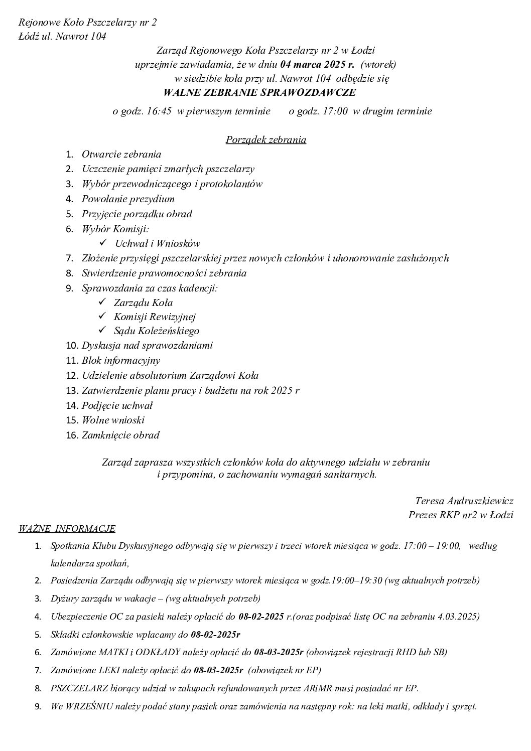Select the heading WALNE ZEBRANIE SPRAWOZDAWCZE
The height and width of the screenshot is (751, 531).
pyautogui.click(x=259, y=92)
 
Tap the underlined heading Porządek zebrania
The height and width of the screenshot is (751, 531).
pyautogui.click(x=266, y=139)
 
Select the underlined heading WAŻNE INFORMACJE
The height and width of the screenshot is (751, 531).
pyautogui.click(x=67, y=528)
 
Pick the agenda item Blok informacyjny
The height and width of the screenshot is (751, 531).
pyautogui.click(x=121, y=360)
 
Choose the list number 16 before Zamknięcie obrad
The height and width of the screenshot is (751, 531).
pyautogui.click(x=72, y=435)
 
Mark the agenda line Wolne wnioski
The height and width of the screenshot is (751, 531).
pyautogui.click(x=113, y=420)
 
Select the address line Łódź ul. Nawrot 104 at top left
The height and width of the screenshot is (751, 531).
pyautogui.click(x=62, y=36)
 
